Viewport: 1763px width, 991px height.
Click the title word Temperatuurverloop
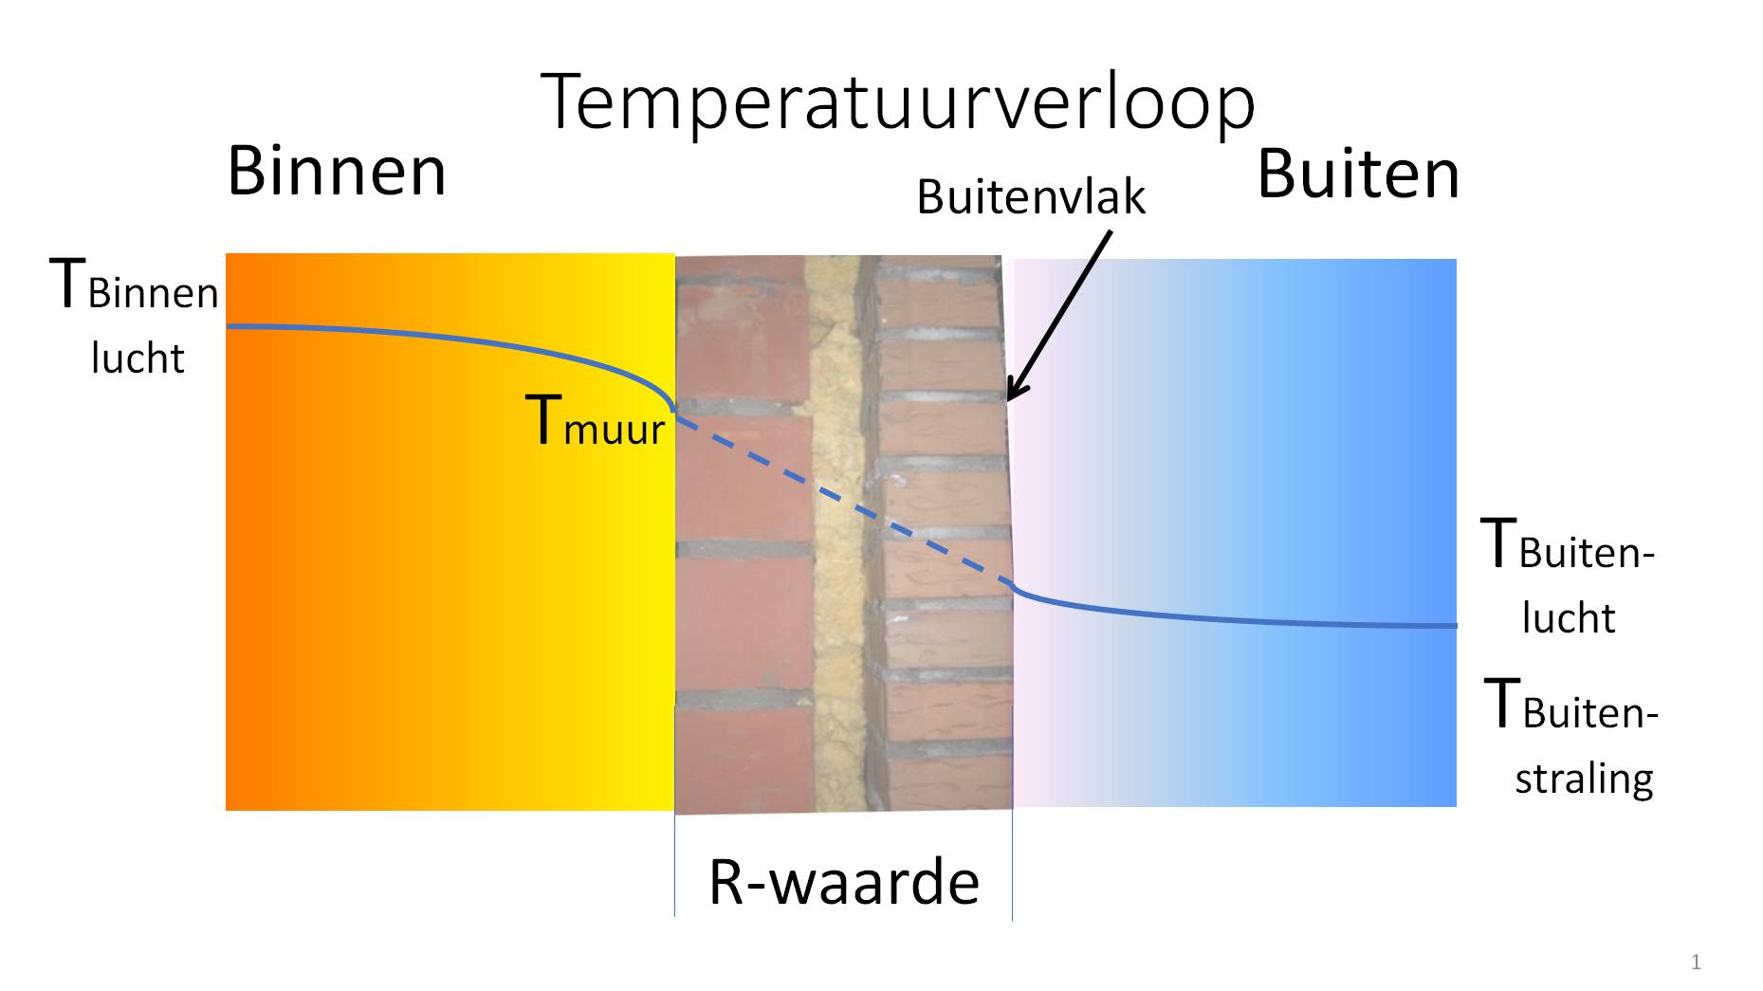[897, 102]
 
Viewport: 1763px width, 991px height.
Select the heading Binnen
[337, 172]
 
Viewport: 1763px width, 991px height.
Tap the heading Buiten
[1358, 174]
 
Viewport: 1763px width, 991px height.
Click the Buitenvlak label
[1031, 197]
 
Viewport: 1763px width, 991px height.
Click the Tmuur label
[596, 422]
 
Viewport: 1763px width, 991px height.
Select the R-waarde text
[843, 882]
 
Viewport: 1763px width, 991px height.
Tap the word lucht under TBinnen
[138, 358]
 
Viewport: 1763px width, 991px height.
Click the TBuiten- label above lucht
[1568, 546]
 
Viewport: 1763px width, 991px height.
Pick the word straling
[1584, 779]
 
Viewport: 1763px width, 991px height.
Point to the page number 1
[1696, 963]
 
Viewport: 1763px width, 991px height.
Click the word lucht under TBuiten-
[1568, 618]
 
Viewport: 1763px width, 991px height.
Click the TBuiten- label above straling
[1570, 707]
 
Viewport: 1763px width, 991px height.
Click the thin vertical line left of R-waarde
[674, 863]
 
